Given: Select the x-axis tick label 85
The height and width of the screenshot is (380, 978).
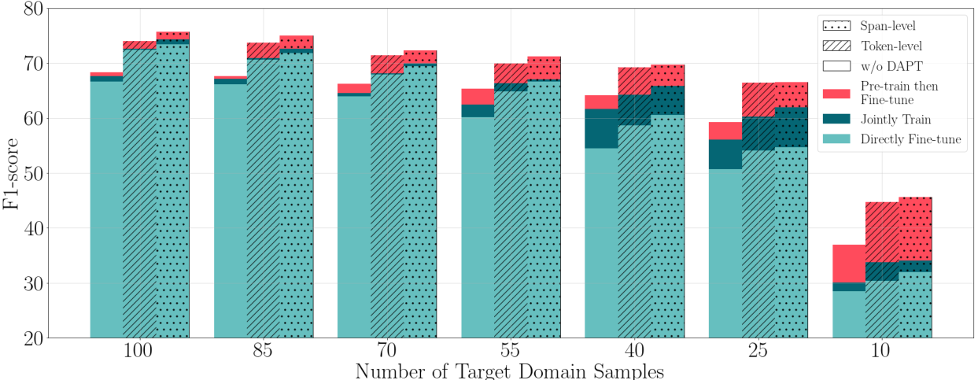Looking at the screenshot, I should pos(264,352).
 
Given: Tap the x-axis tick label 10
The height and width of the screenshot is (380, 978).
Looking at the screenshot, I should pos(881,352).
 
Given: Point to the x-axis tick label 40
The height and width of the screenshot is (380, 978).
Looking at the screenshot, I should pos(634,352).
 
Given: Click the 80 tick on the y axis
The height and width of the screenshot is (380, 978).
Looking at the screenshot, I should pos(34,9).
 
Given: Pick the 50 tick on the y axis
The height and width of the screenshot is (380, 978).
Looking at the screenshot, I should pos(34,174).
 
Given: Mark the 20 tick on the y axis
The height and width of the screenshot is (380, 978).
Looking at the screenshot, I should pos(34,338).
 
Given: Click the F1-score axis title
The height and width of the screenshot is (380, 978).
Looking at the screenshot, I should pos(12,173).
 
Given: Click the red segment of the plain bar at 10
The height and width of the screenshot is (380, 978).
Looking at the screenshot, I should pos(848,264).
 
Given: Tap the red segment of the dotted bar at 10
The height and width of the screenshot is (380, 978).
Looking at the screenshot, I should pos(915,228).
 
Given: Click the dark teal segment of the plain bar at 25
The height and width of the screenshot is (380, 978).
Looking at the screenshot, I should pos(725,153).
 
